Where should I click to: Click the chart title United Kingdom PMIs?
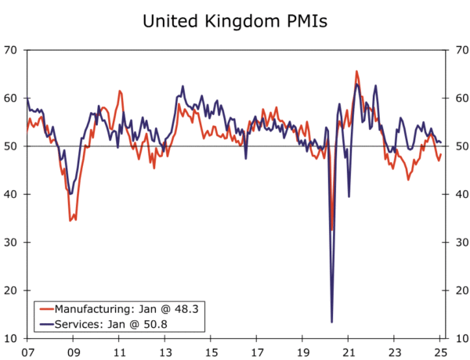pyautogui.click(x=235, y=21)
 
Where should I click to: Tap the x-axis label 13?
pyautogui.click(x=165, y=351)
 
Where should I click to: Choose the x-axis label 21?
pyautogui.click(x=350, y=351)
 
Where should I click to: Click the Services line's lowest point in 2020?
pyautogui.click(x=331, y=322)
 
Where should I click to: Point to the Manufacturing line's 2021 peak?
pyautogui.click(x=356, y=71)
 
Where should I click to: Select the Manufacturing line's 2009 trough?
pyautogui.click(x=71, y=221)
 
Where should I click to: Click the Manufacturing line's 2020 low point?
pyautogui.click(x=331, y=229)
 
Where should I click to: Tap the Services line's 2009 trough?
pyautogui.click(x=70, y=193)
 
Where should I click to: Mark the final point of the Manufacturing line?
pyautogui.click(x=441, y=154)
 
